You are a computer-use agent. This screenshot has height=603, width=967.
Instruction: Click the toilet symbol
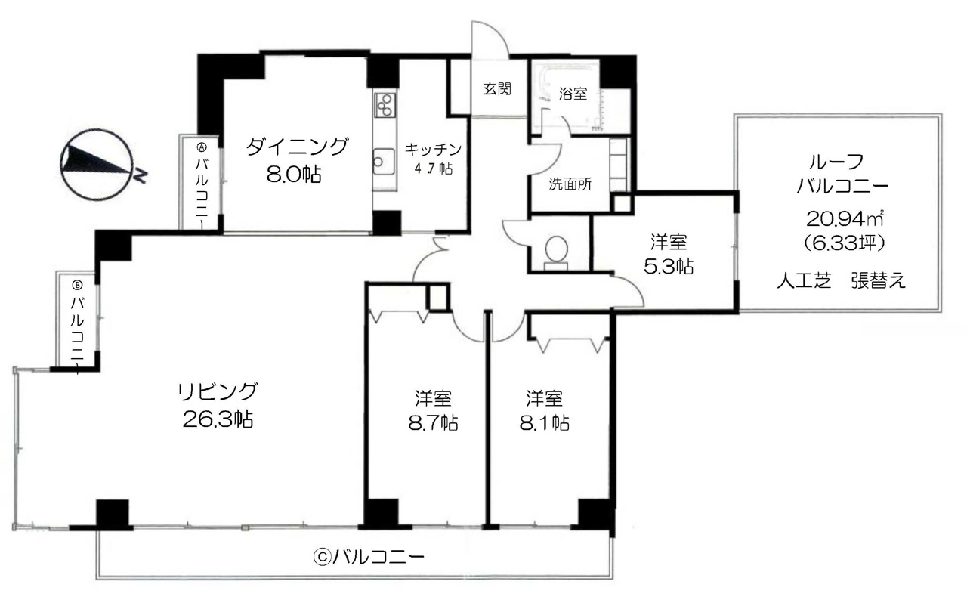pos(556,253)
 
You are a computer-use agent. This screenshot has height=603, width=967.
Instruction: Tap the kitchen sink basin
pos(383,162)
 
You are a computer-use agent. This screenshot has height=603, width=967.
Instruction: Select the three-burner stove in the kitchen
pos(385,105)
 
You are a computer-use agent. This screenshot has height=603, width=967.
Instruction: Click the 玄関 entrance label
pos(497,89)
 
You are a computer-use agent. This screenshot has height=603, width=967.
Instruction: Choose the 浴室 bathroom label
pos(573,94)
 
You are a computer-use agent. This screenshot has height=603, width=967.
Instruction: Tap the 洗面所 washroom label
pos(570,184)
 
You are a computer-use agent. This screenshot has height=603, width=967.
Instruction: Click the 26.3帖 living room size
pos(218,419)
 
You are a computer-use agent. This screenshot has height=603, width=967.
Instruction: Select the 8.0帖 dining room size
pos(294,175)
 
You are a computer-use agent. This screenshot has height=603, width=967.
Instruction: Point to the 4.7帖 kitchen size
pos(434,169)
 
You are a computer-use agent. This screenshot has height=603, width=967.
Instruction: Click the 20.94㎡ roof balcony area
pos(845,219)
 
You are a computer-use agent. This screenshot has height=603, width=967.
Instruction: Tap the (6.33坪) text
pos(845,243)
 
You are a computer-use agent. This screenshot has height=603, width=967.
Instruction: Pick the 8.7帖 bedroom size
pos(434,423)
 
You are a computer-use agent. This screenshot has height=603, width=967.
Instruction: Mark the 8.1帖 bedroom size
pos(544,423)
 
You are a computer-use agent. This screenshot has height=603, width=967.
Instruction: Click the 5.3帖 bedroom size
pos(669,267)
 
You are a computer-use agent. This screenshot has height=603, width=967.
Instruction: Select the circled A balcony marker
pos(202,147)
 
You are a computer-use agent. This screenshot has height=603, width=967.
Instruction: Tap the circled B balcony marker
pos(78,285)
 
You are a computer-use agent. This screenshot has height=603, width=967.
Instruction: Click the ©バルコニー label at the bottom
pos(369,557)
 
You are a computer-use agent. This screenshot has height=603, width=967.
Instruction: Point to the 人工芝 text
pos(805,281)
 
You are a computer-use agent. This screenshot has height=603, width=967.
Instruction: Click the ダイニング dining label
pos(297,147)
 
